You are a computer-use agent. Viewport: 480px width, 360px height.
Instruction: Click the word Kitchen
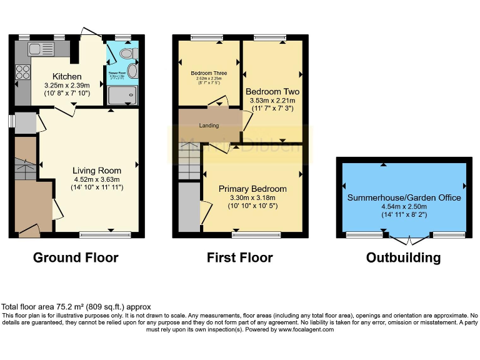pyautogui.click(x=67, y=76)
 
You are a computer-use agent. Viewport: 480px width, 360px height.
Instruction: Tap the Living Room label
pyautogui.click(x=96, y=170)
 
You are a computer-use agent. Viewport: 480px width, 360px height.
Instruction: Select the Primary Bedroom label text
pyautogui.click(x=252, y=189)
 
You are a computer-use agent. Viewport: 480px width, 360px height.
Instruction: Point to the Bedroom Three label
pyautogui.click(x=209, y=73)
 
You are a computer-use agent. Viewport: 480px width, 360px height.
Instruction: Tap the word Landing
pyautogui.click(x=209, y=126)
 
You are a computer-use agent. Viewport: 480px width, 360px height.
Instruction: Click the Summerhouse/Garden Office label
pyautogui.click(x=404, y=197)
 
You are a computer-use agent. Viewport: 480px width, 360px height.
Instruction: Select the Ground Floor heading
pyautogui.click(x=75, y=257)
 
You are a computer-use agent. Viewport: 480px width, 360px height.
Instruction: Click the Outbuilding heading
pyautogui.click(x=403, y=257)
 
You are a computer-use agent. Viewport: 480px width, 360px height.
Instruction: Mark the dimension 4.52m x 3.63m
pyautogui.click(x=96, y=179)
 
